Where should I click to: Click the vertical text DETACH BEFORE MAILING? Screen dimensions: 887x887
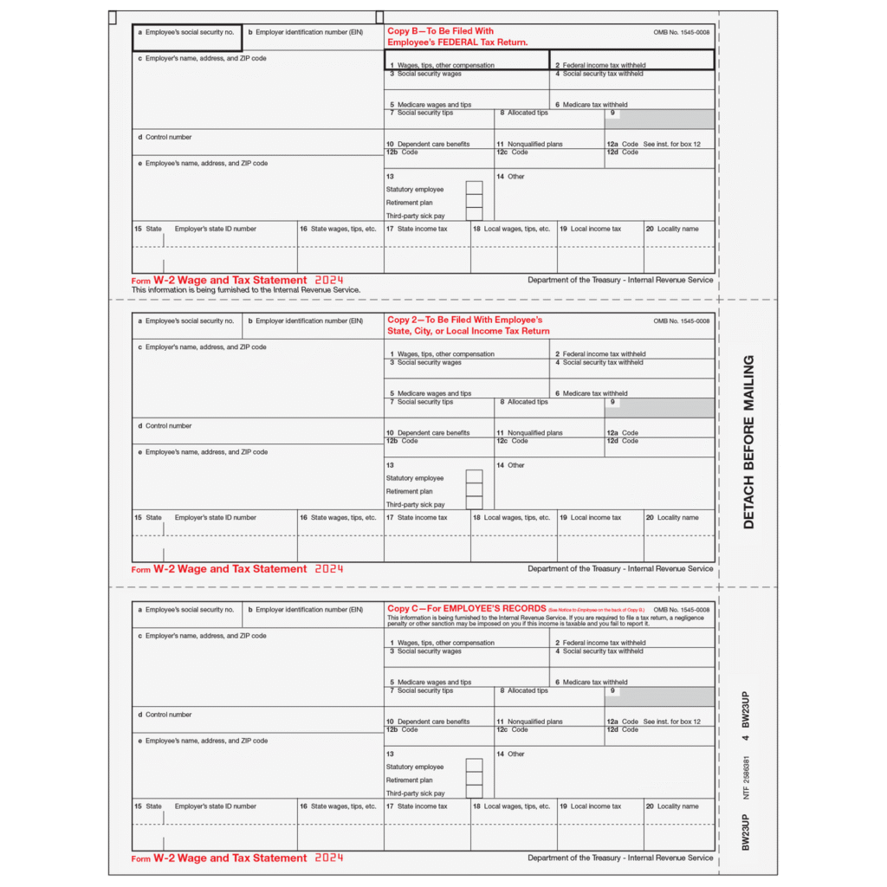[748, 442]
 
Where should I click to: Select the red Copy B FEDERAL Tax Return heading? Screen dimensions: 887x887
[457, 36]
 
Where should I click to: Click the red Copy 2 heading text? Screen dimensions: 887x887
[468, 326]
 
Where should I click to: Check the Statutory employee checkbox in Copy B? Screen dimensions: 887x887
[474, 189]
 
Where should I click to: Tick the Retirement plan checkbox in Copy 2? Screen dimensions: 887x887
[474, 491]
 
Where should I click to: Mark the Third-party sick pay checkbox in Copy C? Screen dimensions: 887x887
[474, 793]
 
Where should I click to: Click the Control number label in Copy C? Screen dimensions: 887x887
[168, 715]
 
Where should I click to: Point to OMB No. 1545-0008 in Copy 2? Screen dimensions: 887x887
[682, 320]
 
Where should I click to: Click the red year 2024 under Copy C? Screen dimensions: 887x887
[329, 858]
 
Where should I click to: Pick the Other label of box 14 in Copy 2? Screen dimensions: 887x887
[515, 465]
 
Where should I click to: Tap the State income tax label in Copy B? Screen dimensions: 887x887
[422, 229]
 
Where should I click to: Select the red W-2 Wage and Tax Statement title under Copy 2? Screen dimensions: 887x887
[230, 569]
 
